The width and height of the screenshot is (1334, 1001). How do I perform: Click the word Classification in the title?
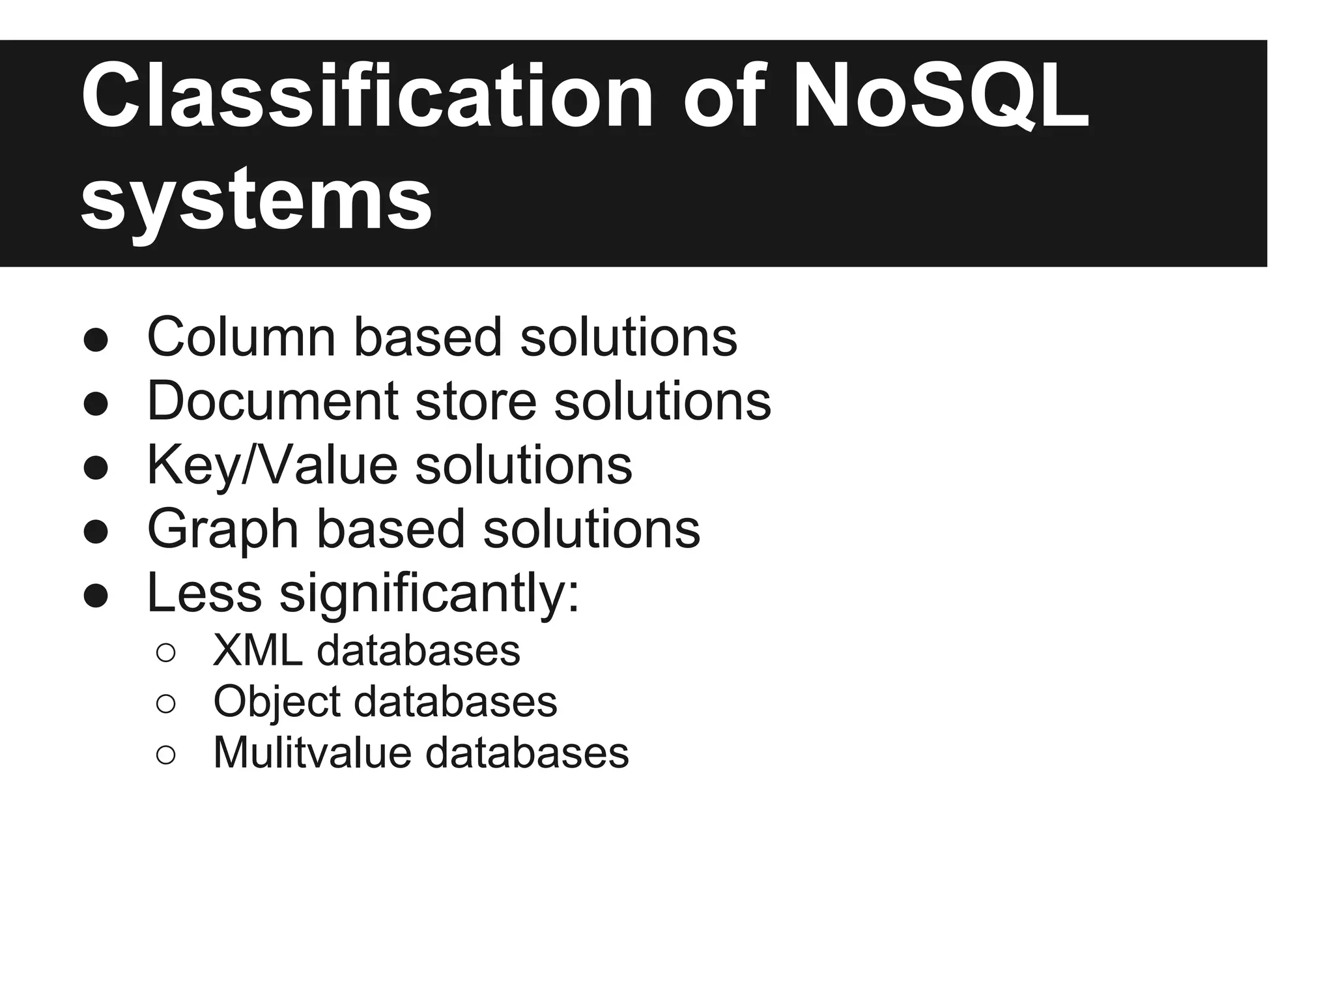click(367, 96)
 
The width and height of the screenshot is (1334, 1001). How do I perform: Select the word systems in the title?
click(256, 197)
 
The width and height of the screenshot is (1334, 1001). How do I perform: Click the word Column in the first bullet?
click(242, 337)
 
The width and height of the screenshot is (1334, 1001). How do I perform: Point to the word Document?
click(273, 401)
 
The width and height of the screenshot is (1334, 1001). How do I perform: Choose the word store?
click(475, 401)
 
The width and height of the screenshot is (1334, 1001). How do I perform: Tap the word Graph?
click(223, 529)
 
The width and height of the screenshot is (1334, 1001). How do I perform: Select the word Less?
click(205, 592)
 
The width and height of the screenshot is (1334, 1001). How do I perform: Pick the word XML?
click(257, 650)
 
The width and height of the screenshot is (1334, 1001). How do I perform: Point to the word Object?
click(277, 702)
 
